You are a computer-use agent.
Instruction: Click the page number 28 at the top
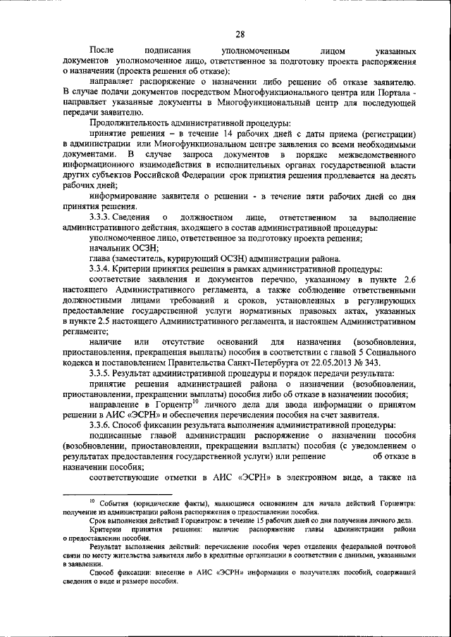pyautogui.click(x=240, y=34)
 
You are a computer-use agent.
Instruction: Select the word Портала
pyautogui.click(x=395, y=92)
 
